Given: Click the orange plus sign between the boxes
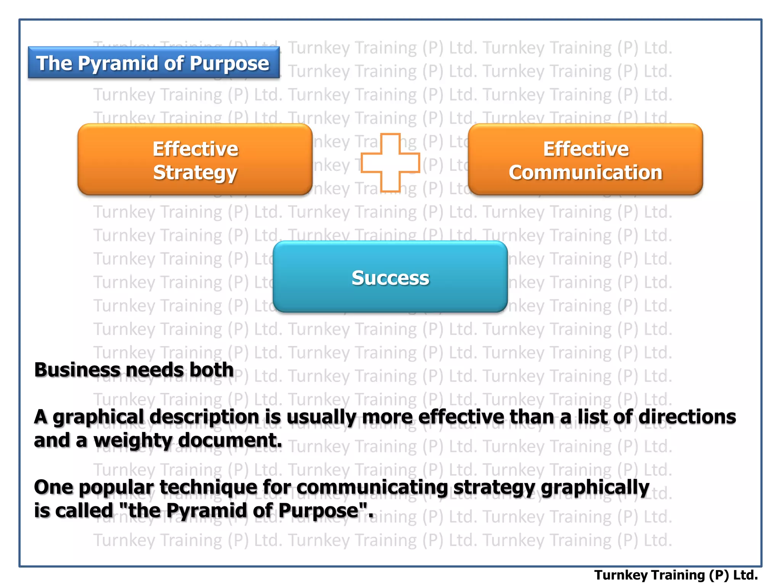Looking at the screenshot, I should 390,163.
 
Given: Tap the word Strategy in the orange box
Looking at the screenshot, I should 195,172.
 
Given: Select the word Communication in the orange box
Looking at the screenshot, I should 585,172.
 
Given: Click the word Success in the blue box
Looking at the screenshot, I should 390,278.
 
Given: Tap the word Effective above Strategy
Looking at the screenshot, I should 195,149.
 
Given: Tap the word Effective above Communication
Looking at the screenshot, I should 586,149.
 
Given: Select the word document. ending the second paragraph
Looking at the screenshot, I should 230,440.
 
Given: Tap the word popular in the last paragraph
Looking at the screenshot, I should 116,488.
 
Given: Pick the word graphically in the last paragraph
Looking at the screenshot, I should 595,488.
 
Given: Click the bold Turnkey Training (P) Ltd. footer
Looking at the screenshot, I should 676,575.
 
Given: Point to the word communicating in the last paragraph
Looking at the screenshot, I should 372,488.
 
